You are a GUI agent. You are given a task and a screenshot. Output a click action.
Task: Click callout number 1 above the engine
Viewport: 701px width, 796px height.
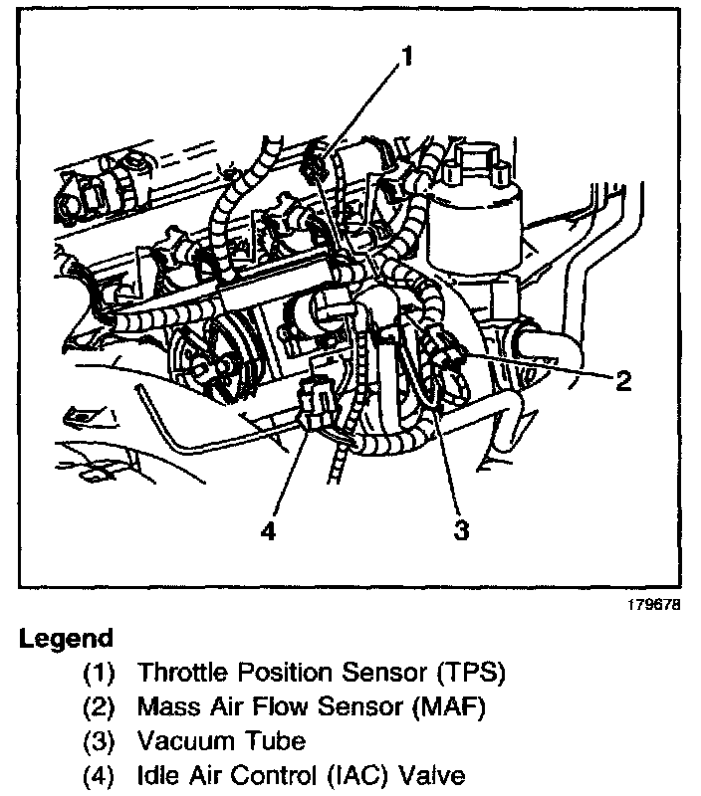407,57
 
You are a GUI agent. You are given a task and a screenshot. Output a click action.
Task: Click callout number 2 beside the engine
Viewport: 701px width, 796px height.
623,381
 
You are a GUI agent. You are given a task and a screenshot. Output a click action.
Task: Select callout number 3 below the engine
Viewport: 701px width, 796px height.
461,530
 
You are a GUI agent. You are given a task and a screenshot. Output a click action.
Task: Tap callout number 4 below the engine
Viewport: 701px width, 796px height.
267,530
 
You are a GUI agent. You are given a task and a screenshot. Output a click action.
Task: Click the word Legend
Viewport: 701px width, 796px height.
66,638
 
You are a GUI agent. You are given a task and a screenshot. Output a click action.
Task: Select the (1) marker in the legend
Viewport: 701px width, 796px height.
99,673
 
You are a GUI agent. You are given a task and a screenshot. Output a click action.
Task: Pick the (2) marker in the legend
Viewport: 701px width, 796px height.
99,707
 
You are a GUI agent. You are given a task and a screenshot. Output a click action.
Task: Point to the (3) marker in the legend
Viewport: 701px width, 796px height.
99,741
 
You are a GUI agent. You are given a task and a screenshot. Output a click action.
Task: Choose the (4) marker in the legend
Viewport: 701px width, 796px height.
99,775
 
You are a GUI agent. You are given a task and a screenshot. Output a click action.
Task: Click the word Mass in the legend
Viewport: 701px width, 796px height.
168,707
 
